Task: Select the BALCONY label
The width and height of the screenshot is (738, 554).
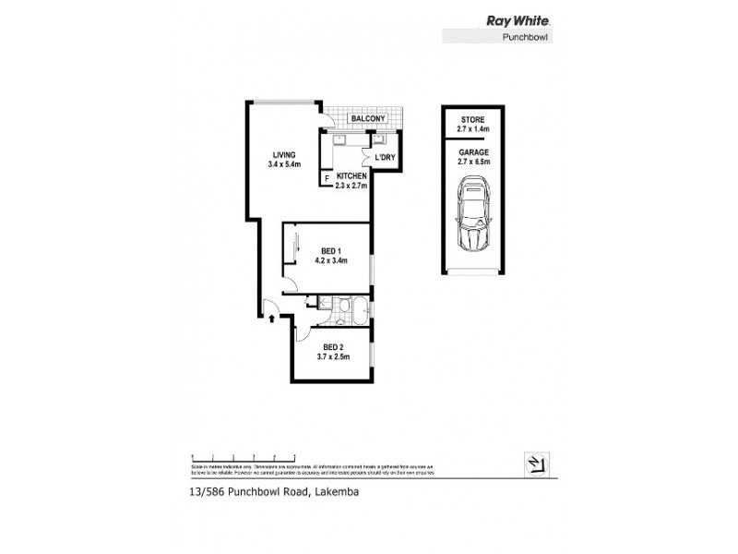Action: click(366, 119)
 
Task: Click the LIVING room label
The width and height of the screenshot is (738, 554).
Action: click(283, 154)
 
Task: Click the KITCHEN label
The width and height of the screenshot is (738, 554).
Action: click(351, 175)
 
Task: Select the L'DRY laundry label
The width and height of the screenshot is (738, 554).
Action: click(387, 157)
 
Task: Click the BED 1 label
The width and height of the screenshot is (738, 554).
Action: click(332, 250)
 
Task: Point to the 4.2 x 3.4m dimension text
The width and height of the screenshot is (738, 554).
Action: click(332, 261)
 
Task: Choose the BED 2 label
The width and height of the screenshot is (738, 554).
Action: click(333, 346)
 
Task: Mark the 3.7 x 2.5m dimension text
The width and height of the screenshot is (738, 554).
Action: click(333, 357)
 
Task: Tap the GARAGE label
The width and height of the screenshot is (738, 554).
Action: click(473, 151)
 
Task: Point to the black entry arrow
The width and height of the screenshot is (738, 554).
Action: click(271, 319)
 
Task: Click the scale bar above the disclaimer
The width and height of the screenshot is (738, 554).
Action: click(243, 456)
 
